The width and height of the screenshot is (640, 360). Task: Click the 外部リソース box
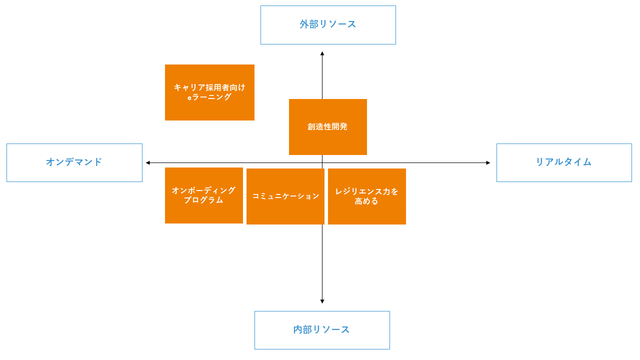click(328, 25)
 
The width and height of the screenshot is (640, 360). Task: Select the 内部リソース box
click(322, 330)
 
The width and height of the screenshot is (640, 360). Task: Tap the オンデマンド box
click(74, 162)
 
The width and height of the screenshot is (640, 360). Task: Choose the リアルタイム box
click(564, 162)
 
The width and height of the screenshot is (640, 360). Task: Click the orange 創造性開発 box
click(327, 127)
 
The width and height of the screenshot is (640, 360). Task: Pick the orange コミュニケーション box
click(285, 196)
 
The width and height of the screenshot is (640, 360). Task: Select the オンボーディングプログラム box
click(203, 195)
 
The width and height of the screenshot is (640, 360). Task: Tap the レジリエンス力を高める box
click(367, 196)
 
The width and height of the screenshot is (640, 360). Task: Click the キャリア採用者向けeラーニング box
click(209, 92)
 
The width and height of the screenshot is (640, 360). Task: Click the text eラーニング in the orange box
click(209, 97)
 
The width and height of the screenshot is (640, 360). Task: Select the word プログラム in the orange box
click(203, 200)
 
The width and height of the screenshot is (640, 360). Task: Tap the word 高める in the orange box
click(366, 201)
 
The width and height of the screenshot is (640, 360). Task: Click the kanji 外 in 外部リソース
click(304, 24)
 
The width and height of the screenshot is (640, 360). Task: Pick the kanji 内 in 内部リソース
click(298, 329)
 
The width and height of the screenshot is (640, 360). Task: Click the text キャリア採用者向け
click(209, 87)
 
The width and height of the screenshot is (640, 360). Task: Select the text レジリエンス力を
click(366, 191)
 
